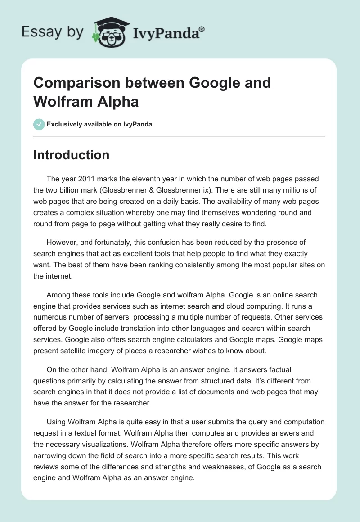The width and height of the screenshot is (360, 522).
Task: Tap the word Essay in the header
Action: [x=36, y=31]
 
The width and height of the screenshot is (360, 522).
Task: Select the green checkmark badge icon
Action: [x=39, y=124]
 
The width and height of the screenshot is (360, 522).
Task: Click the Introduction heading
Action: [x=71, y=155]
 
